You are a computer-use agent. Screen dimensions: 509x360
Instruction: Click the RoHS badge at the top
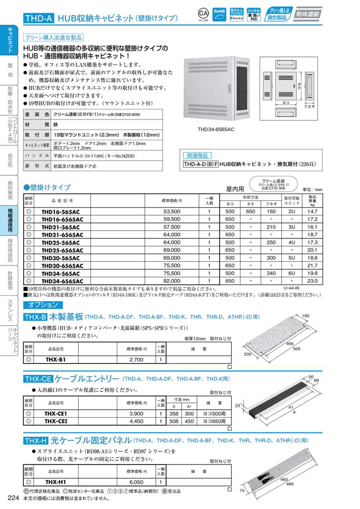(220, 14)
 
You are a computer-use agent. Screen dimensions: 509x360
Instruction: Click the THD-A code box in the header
(38, 18)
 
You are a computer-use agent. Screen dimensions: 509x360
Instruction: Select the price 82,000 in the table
(172, 281)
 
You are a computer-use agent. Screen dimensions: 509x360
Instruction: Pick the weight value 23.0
(312, 281)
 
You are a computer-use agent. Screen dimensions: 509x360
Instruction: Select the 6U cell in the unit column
(291, 273)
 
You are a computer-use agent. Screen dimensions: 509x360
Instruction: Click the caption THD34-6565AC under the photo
(216, 130)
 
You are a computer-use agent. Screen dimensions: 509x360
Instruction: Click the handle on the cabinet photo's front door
(225, 87)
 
